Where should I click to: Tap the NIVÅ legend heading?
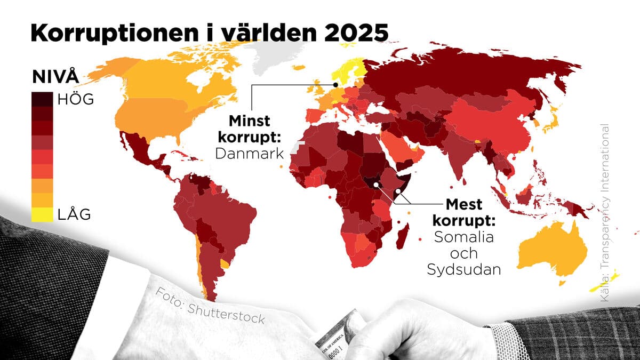[54, 76]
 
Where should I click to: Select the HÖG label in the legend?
[75, 99]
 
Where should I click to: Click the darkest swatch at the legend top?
[42, 99]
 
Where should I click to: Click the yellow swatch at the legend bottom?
[42, 214]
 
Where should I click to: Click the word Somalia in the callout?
[463, 236]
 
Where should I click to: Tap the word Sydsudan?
[463, 269]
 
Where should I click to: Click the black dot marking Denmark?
[335, 84]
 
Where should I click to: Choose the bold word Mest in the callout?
[464, 204]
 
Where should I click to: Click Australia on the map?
[549, 251]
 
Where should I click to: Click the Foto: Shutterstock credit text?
[210, 306]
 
